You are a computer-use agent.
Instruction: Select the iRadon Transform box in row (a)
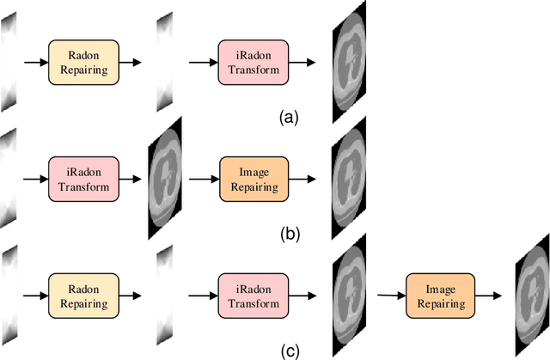(x=251, y=62)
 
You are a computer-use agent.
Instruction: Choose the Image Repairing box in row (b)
(x=251, y=179)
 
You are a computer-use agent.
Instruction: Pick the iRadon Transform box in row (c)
(x=251, y=296)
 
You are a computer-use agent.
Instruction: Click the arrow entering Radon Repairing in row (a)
(x=34, y=63)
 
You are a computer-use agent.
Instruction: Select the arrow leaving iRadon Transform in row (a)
(x=300, y=63)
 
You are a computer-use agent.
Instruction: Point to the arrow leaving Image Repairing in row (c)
(x=487, y=296)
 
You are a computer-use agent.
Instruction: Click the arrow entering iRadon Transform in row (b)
(x=34, y=179)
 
